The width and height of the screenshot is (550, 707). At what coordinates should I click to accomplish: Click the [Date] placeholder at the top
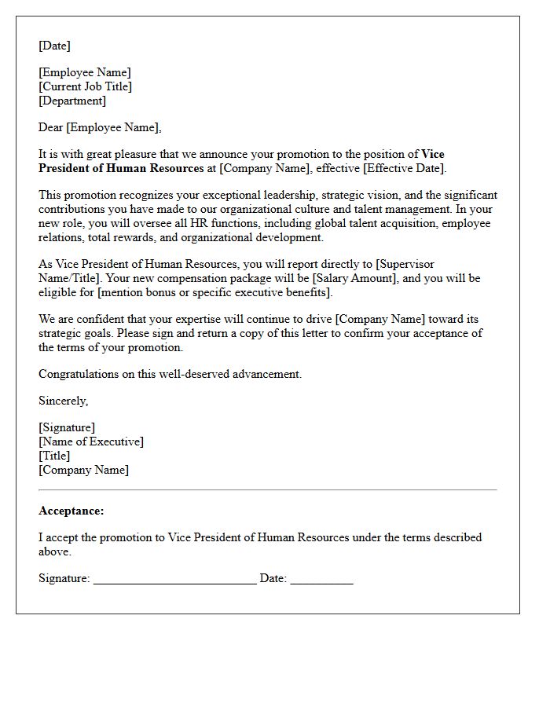point(54,46)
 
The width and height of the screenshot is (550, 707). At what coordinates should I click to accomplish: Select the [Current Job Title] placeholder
point(85,86)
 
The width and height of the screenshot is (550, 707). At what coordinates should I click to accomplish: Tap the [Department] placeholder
point(72,101)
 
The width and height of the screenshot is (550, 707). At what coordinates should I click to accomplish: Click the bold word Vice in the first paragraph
point(433,154)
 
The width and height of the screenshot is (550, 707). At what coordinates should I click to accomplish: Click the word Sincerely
point(63,401)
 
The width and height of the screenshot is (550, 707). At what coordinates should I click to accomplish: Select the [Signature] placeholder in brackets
point(67,427)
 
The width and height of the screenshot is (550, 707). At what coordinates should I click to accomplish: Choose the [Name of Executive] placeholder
point(91,441)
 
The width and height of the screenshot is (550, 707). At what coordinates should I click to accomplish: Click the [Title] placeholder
point(54,456)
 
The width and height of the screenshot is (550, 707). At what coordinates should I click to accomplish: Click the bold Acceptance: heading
point(71,511)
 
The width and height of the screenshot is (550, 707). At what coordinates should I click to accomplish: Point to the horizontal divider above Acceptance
point(267,489)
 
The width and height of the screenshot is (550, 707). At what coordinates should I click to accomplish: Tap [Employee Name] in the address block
point(85,72)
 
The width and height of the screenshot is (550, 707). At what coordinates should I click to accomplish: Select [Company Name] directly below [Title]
point(83,470)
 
